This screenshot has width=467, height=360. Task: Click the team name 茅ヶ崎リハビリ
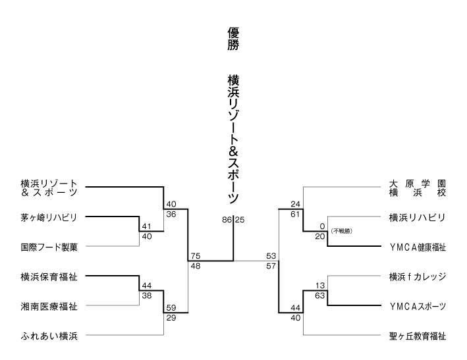coord(49,217)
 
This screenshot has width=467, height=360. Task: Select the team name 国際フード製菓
coord(49,247)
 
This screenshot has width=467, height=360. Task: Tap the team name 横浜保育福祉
coord(49,277)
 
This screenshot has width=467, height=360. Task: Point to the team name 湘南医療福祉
coord(49,307)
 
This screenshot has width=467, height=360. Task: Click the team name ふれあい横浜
coord(49,336)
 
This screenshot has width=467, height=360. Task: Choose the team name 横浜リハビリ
coord(417,217)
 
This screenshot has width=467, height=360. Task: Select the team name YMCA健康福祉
coord(417,247)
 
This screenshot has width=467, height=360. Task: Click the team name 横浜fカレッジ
coord(417,277)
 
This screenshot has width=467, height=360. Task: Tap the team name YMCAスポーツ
coord(417,307)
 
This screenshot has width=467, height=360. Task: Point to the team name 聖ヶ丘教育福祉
coord(417,336)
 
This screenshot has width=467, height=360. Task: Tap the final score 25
coord(240,219)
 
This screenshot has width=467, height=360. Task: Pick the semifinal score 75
coord(195,256)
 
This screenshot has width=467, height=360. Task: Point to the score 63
coord(321,296)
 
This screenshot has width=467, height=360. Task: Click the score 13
coord(321,285)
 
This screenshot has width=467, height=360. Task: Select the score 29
coord(171,318)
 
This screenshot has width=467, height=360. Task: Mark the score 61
coord(296,215)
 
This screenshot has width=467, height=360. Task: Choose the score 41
coord(146,226)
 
